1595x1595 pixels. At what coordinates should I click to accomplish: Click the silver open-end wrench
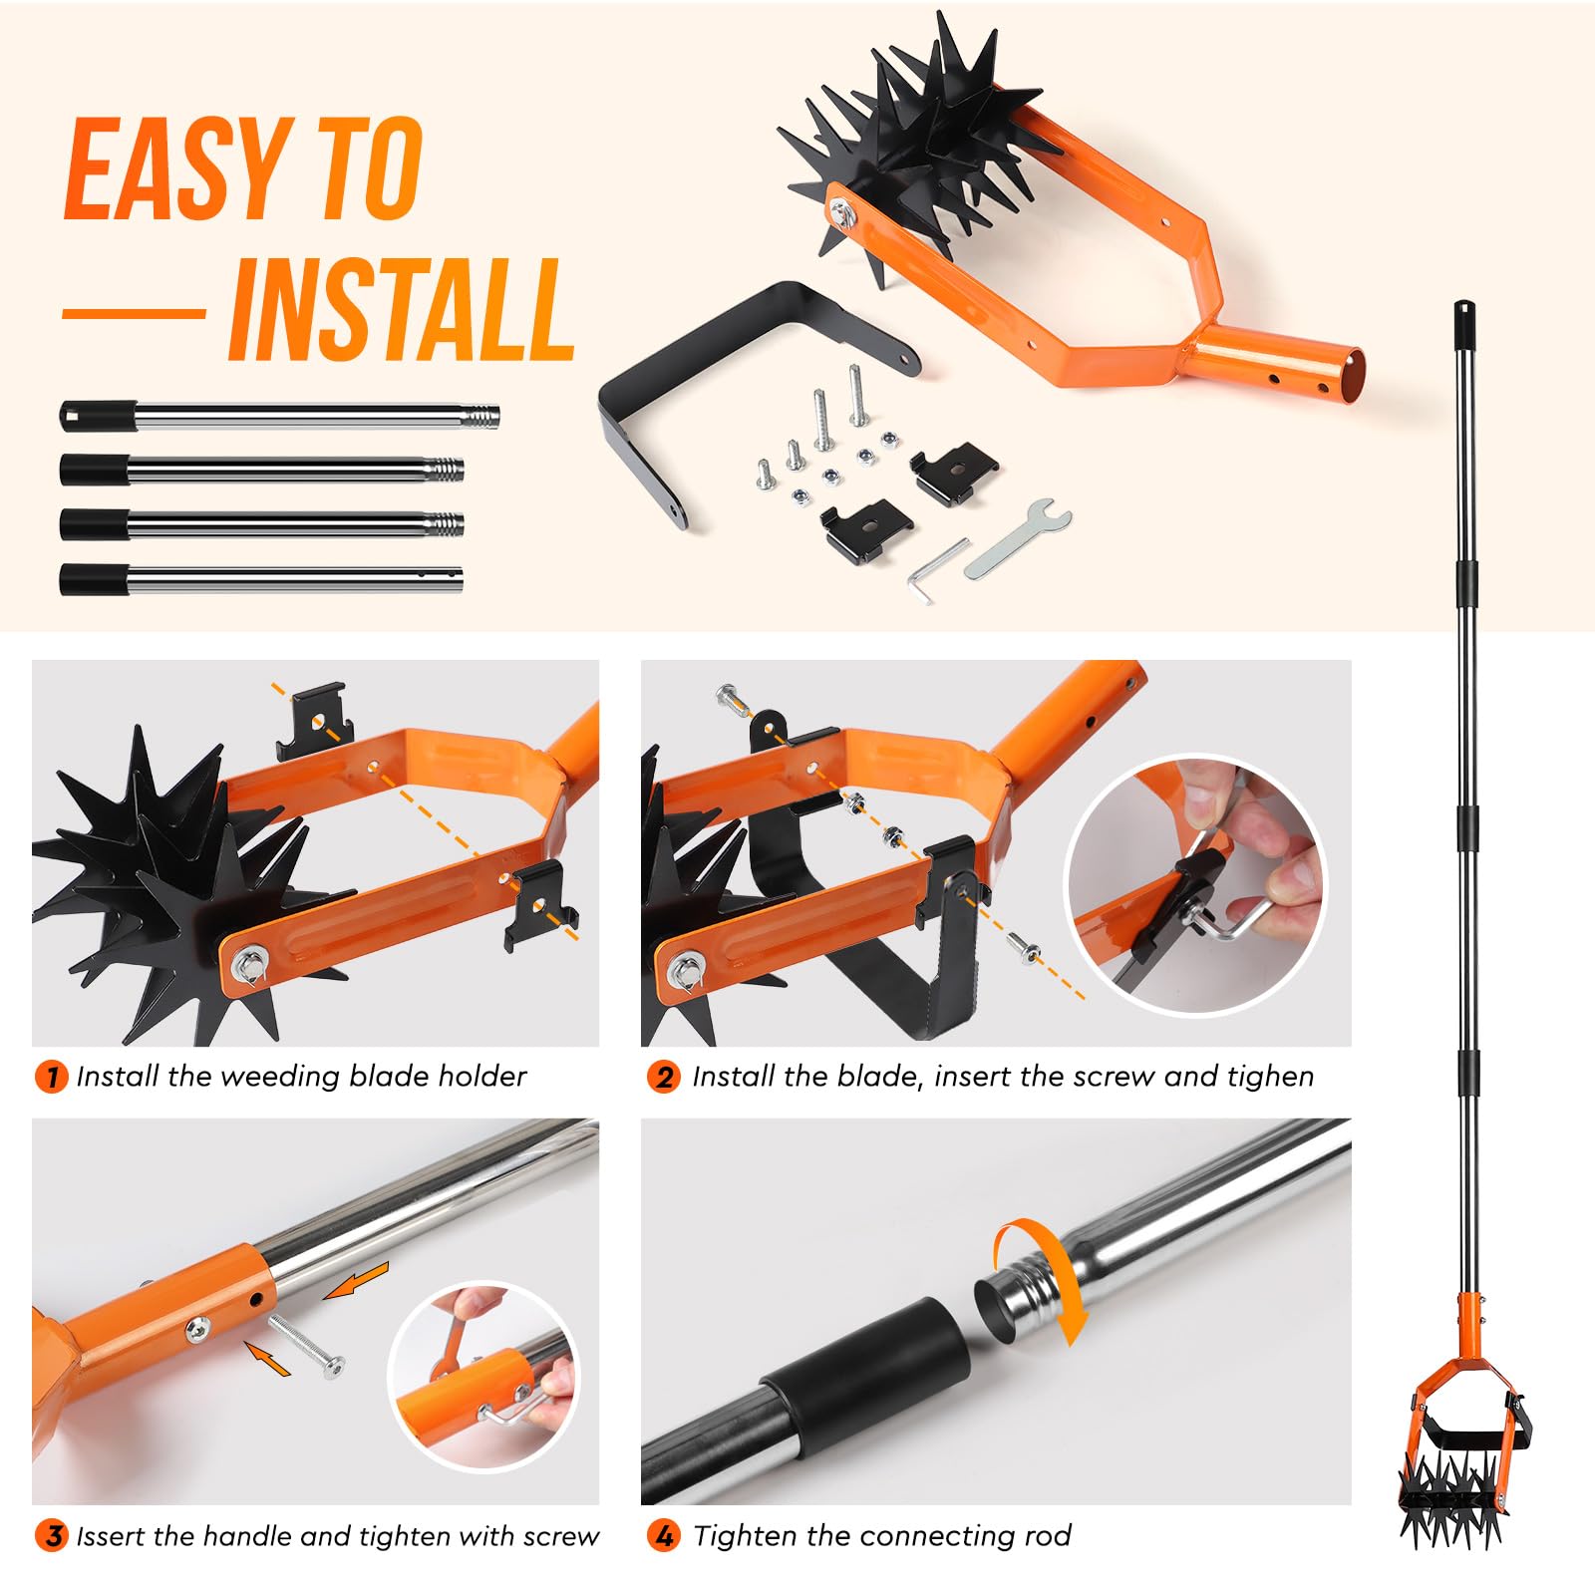tap(1018, 539)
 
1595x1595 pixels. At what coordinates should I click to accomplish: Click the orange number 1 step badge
tap(51, 1077)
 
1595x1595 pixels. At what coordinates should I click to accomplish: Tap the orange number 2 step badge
tap(663, 1077)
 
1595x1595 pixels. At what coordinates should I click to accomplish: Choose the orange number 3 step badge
tap(51, 1535)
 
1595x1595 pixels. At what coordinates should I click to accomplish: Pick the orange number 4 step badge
tap(663, 1535)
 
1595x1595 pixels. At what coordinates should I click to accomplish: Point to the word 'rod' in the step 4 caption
tap(1048, 1535)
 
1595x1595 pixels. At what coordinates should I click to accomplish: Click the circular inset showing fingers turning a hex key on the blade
tap(1196, 885)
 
